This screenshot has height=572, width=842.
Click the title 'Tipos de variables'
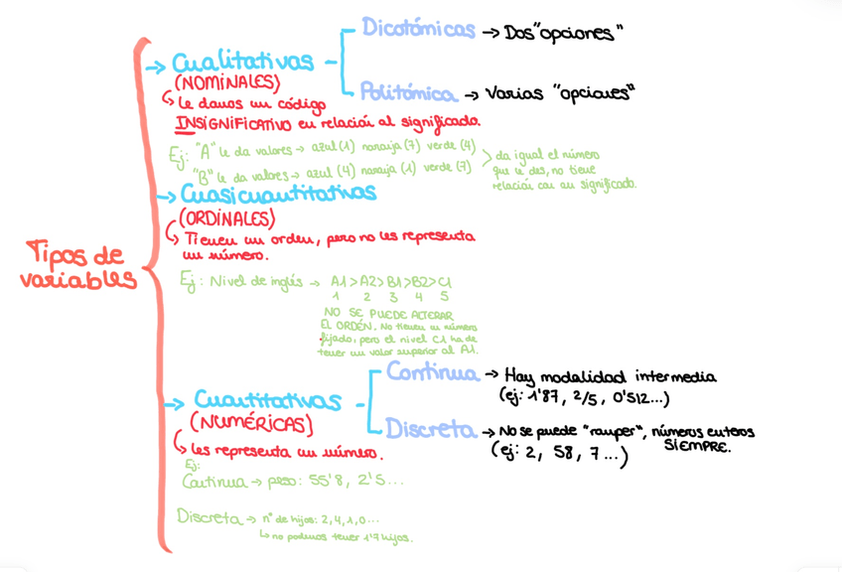(x=78, y=266)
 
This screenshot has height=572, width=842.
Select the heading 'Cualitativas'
(x=242, y=64)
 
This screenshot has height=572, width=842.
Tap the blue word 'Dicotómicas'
(x=418, y=29)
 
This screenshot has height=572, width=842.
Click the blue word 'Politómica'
(x=408, y=93)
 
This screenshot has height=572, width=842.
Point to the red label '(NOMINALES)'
(x=226, y=83)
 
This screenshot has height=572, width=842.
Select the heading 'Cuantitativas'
(x=266, y=401)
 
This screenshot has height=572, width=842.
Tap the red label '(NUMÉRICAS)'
(x=250, y=425)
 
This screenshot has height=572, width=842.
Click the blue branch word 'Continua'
(x=432, y=373)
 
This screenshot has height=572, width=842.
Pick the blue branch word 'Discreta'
(x=429, y=429)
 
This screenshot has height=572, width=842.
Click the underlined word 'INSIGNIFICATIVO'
(x=233, y=123)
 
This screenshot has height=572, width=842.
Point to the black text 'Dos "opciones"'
(x=563, y=33)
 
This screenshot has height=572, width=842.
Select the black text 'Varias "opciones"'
(x=560, y=94)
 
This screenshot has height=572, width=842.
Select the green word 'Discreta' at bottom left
(x=209, y=517)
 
